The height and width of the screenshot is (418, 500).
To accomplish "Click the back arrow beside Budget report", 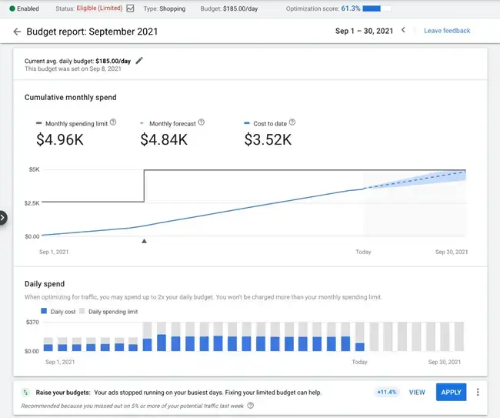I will [17, 32].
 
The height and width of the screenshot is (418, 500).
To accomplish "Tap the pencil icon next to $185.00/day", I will [139, 60].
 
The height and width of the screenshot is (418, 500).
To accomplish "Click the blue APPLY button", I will [451, 392].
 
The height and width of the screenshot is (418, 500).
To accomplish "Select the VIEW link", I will [417, 392].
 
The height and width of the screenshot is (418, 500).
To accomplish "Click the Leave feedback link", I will [447, 31].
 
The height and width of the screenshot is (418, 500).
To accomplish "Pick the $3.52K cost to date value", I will [268, 139].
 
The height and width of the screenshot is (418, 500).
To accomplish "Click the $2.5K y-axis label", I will [31, 203].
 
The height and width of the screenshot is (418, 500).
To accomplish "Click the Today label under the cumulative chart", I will [362, 252].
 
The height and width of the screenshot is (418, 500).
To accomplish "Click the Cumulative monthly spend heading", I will [71, 98].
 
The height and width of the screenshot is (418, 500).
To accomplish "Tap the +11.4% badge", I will [386, 392].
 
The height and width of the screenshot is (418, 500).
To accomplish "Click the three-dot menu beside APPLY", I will [478, 392].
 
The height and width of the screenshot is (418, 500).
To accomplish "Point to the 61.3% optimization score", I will [350, 8].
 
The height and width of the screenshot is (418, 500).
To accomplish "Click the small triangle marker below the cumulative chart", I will [144, 241].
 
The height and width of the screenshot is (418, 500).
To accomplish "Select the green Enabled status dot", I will [12, 8].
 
